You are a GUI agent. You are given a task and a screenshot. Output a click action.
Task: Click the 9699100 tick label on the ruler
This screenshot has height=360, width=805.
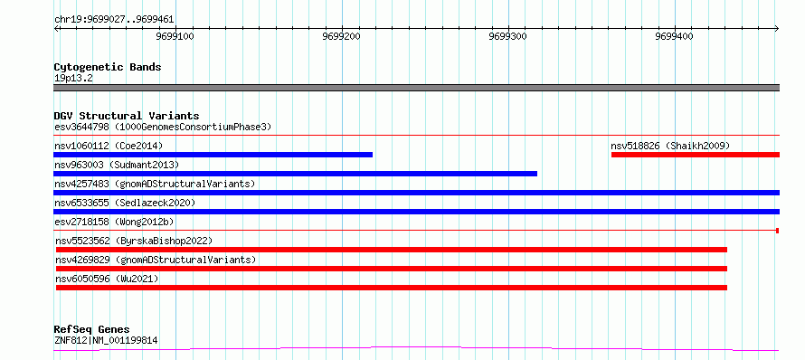(x=176, y=36)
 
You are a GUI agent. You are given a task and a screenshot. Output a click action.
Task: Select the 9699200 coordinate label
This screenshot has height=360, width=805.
(x=343, y=36)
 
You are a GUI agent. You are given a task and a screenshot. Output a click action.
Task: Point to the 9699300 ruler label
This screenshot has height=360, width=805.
(x=508, y=36)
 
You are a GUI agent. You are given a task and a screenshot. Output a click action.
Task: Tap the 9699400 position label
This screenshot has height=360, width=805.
(x=675, y=36)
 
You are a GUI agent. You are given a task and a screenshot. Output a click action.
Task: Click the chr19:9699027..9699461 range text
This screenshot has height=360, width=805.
(x=114, y=20)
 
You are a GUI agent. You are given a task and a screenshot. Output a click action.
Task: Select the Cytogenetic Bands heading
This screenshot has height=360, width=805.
(x=108, y=67)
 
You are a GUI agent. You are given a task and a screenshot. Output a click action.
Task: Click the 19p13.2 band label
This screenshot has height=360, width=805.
(x=73, y=79)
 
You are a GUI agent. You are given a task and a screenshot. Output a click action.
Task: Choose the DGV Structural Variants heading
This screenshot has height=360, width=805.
(x=127, y=116)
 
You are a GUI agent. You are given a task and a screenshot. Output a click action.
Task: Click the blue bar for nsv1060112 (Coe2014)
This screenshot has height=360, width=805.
(x=213, y=155)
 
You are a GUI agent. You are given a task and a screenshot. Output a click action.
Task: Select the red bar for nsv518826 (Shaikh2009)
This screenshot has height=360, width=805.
(x=696, y=155)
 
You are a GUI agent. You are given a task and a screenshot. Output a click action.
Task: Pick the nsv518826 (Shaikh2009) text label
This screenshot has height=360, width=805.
(x=670, y=146)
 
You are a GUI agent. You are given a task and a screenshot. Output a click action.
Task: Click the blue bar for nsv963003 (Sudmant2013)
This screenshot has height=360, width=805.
(x=295, y=174)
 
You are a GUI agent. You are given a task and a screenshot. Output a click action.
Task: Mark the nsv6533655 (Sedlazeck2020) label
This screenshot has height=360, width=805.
(x=125, y=203)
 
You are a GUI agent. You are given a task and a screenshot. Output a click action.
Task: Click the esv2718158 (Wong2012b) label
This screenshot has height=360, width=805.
(x=114, y=222)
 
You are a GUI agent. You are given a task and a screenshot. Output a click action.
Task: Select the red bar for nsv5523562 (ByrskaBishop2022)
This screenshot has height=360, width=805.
(x=392, y=250)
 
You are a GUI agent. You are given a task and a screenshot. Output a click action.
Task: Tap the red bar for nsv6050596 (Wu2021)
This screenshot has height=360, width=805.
(x=392, y=288)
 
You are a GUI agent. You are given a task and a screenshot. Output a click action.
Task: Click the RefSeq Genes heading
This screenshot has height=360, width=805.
(x=91, y=330)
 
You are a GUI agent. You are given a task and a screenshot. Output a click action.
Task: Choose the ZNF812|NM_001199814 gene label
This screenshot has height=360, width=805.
(x=106, y=340)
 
